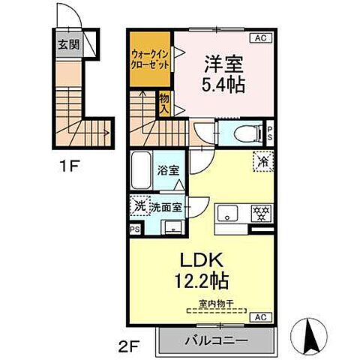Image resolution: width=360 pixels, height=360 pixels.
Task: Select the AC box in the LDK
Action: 262,318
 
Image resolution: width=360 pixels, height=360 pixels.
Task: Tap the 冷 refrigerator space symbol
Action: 262,160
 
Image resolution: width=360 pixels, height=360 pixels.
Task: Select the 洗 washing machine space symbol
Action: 139,204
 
